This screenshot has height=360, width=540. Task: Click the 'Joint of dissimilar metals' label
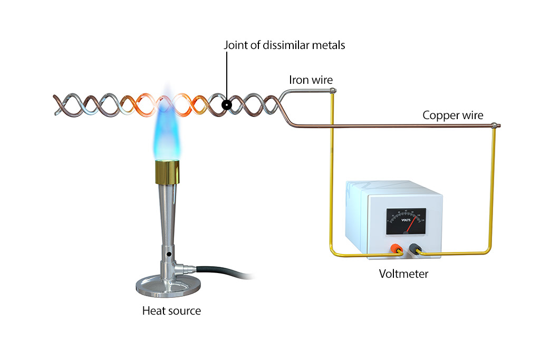284,45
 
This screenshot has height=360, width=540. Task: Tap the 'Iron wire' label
311,81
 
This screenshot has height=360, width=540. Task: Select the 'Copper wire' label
452,115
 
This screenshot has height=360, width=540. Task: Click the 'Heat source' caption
171,311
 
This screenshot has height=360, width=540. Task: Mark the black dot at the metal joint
226,105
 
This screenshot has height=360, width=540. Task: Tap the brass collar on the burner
168,172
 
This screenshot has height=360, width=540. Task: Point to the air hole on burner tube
169,255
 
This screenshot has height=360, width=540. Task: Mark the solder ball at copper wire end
494,126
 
